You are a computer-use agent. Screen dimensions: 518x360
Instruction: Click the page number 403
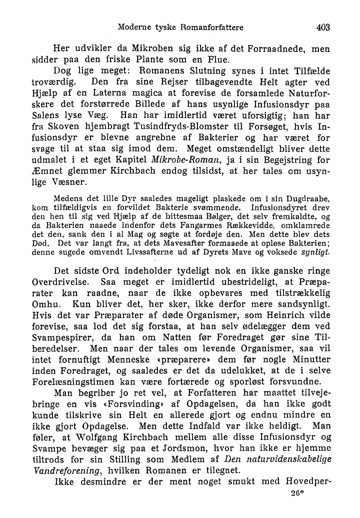323,28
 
